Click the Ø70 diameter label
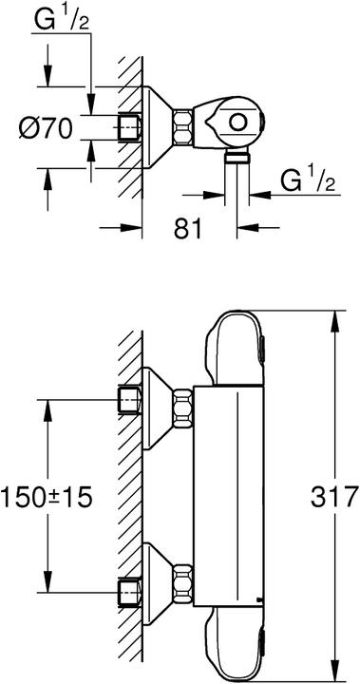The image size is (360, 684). (45, 128)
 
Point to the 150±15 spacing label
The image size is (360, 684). (47, 497)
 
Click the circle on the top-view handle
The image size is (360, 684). (238, 123)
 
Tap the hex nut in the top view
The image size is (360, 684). (182, 127)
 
